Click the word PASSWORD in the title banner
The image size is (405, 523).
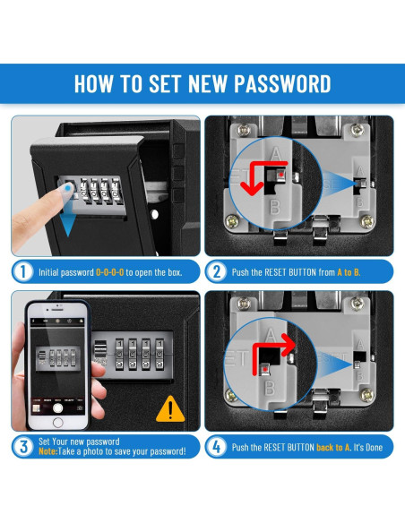pos(282,83)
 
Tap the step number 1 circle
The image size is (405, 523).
pos(22,272)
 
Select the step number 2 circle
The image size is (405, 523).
pos(217,272)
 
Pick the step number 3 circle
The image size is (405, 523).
pos(23,447)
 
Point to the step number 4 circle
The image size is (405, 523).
pos(217,447)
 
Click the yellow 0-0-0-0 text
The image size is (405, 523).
pos(109,272)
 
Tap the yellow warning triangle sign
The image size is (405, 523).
pos(170,409)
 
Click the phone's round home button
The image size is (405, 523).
pos(57,423)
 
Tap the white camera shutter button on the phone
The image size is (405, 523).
pos(57,407)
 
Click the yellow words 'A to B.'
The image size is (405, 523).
pos(349,272)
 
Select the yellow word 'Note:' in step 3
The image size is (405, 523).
pos(48,451)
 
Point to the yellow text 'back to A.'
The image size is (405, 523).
pos(333,447)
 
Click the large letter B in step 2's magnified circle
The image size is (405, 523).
pos(274,207)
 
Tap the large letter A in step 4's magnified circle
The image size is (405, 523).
pos(271,336)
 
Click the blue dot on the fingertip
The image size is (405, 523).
pos(68,188)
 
